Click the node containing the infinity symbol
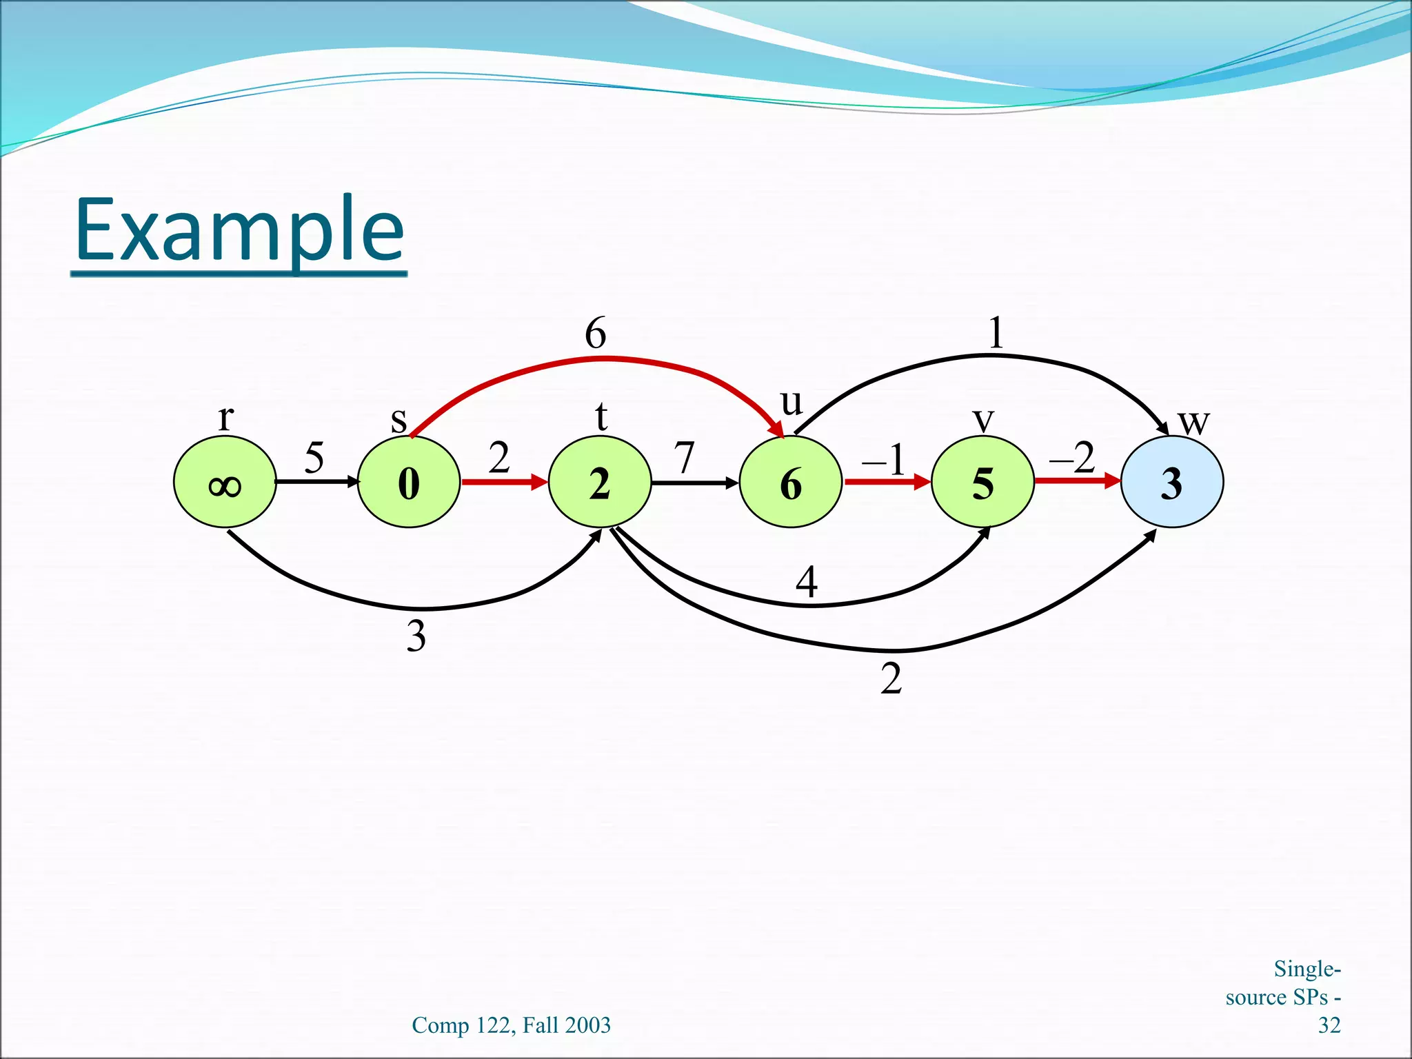[x=225, y=483]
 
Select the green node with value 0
[x=409, y=483]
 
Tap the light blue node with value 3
[x=1172, y=483]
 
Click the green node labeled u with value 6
[x=791, y=483]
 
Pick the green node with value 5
[x=982, y=483]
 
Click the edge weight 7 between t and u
[x=684, y=458]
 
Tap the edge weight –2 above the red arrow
[x=1072, y=457]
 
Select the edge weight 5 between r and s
[x=314, y=458]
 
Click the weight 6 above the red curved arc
[x=596, y=334]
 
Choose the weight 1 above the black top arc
[x=996, y=333]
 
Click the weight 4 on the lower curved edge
[x=807, y=582]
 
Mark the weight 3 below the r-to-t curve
[x=416, y=636]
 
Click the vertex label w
[x=1193, y=422]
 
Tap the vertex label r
[x=225, y=418]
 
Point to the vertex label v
[x=983, y=419]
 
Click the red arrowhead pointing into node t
[x=540, y=482]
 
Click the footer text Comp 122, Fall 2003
[x=511, y=1025]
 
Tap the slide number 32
[x=1329, y=1025]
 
